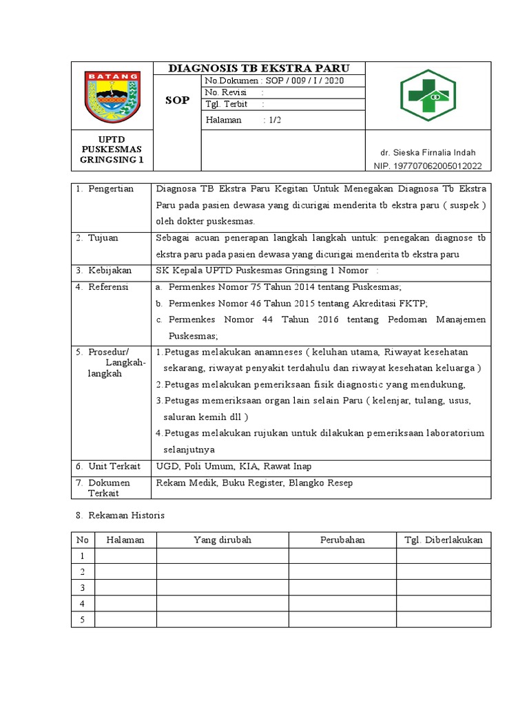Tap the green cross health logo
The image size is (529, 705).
pos(428,96)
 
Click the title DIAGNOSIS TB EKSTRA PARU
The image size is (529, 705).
pos(259,68)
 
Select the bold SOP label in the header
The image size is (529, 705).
pos(178,101)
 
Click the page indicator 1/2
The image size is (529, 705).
pos(274,120)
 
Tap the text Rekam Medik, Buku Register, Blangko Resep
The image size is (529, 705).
pos(254,483)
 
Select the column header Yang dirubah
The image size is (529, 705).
pos(222,540)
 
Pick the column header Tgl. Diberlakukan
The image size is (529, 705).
pos(443,540)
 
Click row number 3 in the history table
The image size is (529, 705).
pos(82,588)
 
